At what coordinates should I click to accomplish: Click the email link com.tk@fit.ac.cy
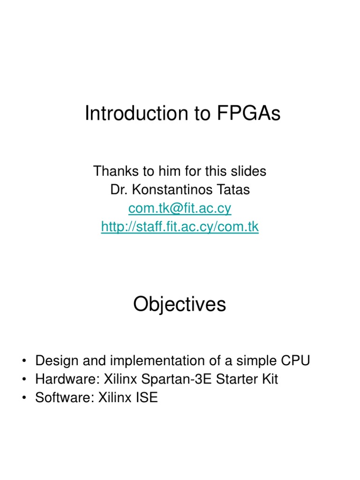pyautogui.click(x=180, y=208)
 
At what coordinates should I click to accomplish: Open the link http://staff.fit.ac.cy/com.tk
pyautogui.click(x=180, y=227)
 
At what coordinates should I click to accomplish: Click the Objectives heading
pyautogui.click(x=180, y=305)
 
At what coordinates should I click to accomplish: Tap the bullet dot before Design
pyautogui.click(x=23, y=361)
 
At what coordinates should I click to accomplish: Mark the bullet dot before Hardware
pyautogui.click(x=23, y=380)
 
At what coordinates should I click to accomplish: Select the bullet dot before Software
pyautogui.click(x=23, y=398)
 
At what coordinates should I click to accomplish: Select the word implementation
pyautogui.click(x=148, y=361)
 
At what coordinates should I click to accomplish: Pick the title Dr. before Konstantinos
pyautogui.click(x=118, y=190)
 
